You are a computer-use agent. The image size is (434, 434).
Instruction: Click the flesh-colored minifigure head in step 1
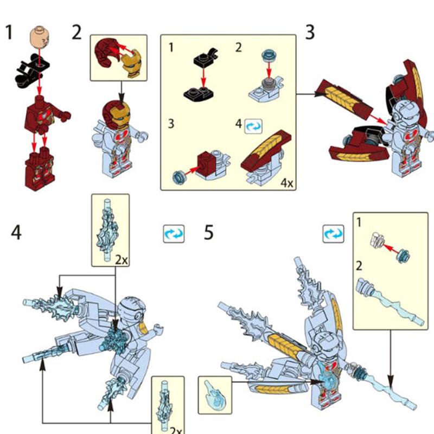click(x=40, y=37)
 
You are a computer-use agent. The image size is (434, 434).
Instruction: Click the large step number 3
click(x=310, y=33)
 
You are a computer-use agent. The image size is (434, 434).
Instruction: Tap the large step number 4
click(x=16, y=233)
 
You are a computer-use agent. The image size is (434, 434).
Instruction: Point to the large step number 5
click(x=209, y=233)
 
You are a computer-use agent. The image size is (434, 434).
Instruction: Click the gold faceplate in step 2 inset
click(x=132, y=63)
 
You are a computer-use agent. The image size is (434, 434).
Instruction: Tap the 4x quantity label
click(x=287, y=183)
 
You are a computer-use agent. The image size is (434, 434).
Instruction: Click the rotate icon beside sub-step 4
click(x=253, y=126)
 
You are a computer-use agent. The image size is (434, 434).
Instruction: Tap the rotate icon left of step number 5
click(x=174, y=234)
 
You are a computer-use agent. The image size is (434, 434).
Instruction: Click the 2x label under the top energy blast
click(x=121, y=260)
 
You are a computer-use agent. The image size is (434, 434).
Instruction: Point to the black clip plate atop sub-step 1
click(x=206, y=58)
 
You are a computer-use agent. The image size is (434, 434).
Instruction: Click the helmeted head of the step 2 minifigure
click(x=116, y=114)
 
